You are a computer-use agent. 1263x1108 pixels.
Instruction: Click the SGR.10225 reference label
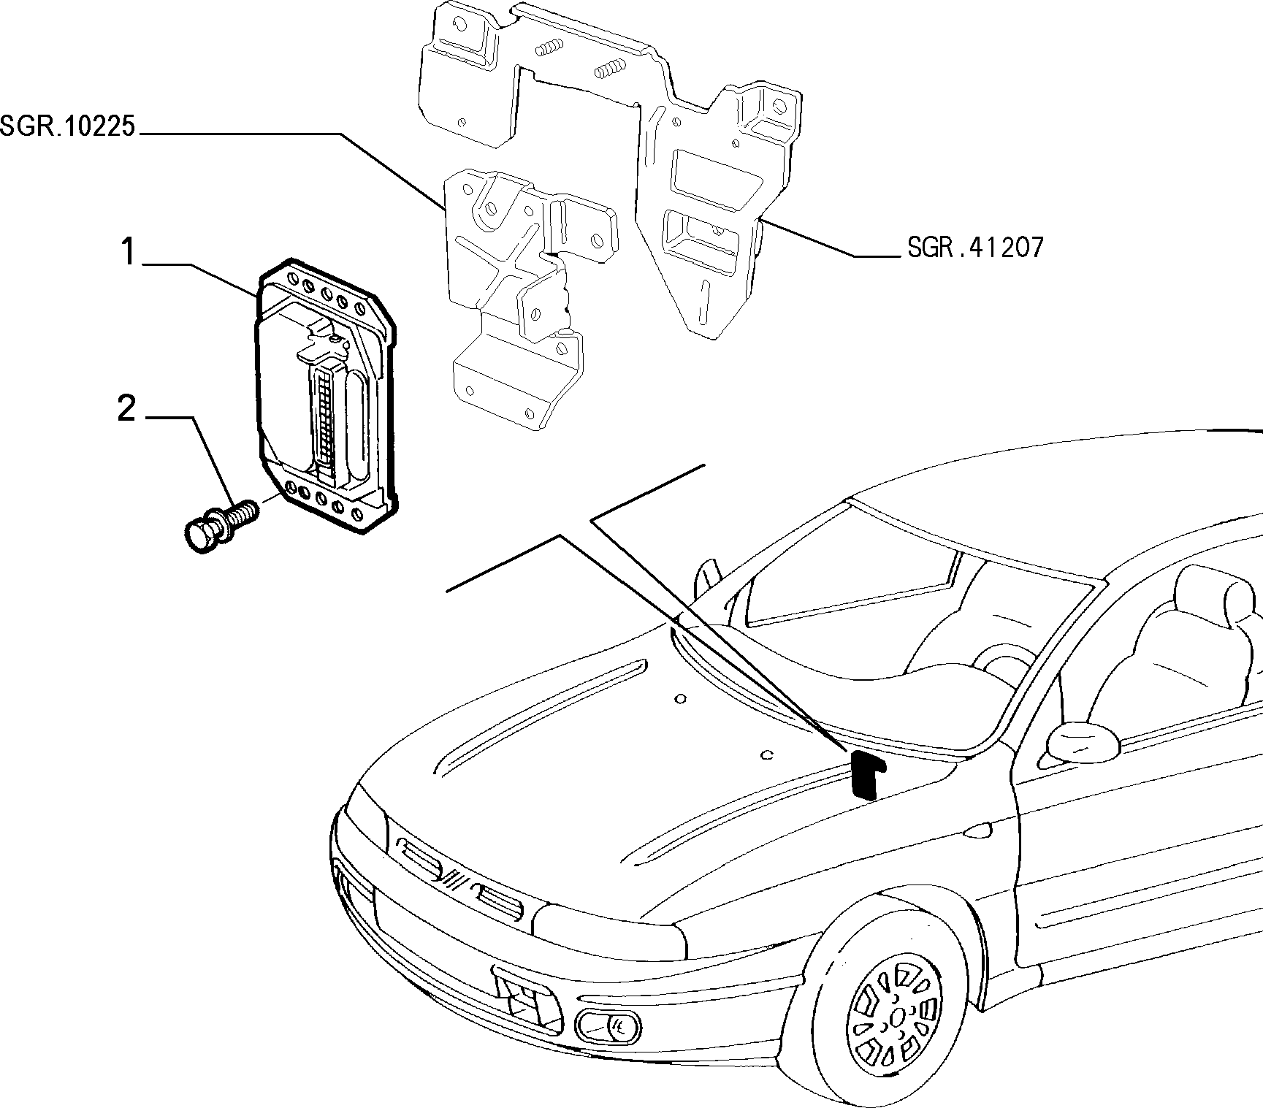coord(68,127)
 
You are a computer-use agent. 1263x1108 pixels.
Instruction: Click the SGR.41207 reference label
coord(975,248)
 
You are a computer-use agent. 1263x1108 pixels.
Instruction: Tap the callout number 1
coord(129,253)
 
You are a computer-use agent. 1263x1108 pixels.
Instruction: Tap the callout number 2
coord(127,408)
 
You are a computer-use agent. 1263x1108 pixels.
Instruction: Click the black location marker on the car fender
coord(866,775)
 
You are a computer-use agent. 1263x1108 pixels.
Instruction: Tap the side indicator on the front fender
coord(977,830)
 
